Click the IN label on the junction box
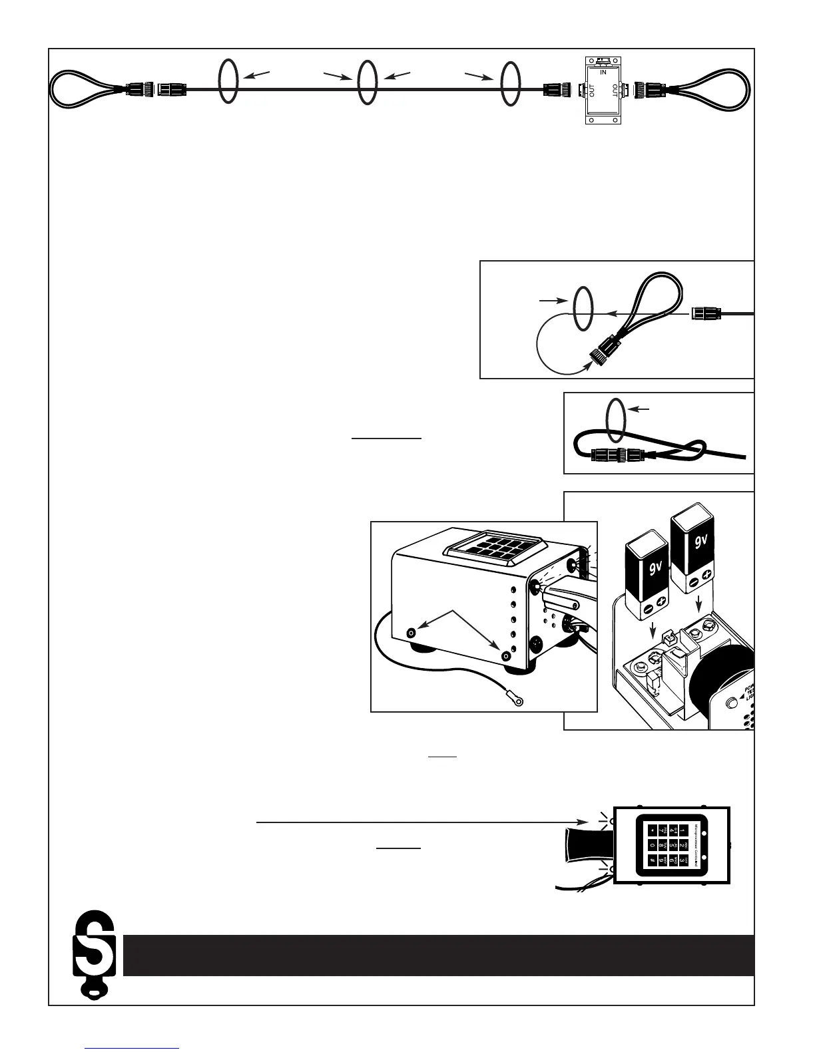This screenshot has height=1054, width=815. pos(603,72)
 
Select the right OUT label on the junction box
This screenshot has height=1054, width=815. pos(615,90)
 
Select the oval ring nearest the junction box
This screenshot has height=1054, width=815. pos(509,83)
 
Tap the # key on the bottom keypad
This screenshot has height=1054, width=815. pos(652,862)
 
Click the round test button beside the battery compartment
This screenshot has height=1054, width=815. pos(734,703)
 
